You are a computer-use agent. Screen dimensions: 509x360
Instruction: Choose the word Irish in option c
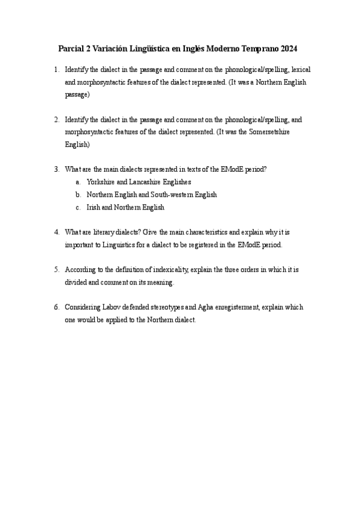pos(94,208)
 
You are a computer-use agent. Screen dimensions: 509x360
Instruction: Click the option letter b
pos(78,194)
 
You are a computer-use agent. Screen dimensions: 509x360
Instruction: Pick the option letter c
pos(78,208)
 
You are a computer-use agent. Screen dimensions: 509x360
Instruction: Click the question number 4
pos(56,232)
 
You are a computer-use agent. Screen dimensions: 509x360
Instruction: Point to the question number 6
pos(56,307)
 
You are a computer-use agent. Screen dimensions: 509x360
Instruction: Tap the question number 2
pos(56,119)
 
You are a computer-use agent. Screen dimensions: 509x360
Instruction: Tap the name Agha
pos(205,307)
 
